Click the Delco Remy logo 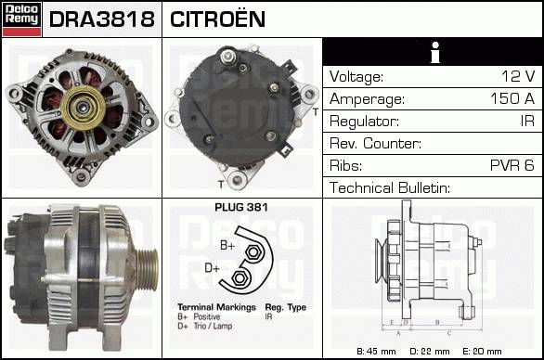(x=21, y=19)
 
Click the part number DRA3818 (x=102, y=19)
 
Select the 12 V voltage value (x=518, y=76)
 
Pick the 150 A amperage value (x=512, y=98)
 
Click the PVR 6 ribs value (x=512, y=165)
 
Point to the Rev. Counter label (x=375, y=143)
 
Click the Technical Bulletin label (x=390, y=187)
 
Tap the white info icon (x=435, y=52)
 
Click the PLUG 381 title (x=241, y=208)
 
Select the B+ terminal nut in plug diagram (x=253, y=252)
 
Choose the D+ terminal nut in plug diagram (x=239, y=278)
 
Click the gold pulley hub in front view (x=83, y=108)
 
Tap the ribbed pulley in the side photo (x=147, y=269)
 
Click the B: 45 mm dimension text (x=376, y=352)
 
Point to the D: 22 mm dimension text (x=430, y=352)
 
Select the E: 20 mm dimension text (x=482, y=352)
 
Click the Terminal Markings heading (x=216, y=307)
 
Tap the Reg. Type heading (x=286, y=308)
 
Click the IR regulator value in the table (x=527, y=121)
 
